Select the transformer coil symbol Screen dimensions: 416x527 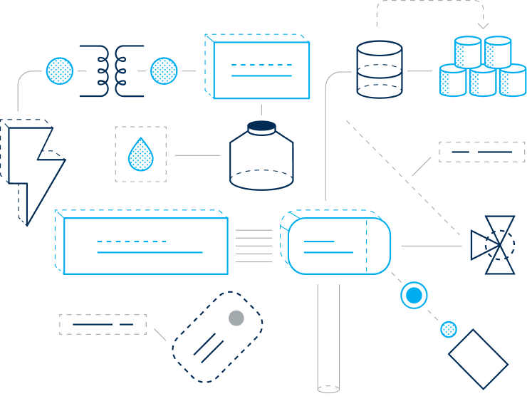coord(112,71)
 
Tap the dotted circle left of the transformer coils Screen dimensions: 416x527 coord(60,71)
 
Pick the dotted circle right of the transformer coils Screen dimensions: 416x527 coord(164,71)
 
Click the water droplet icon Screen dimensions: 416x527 coord(140,155)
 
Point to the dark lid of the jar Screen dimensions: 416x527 coord(261,126)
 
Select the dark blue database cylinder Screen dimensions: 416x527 coord(379,69)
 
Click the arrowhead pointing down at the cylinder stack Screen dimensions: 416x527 coord(483,26)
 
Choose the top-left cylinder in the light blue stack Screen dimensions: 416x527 coord(468,52)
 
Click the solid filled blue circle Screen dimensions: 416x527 coord(414,295)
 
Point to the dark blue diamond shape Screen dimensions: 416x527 coord(478,359)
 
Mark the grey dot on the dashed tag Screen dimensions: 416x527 coord(236,318)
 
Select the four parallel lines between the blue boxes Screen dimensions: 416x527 coord(254,246)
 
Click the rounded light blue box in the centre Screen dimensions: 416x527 coord(339,246)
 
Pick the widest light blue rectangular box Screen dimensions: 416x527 coord(145,246)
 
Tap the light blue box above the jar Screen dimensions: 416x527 coord(261,70)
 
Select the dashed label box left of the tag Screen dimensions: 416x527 coord(103,324)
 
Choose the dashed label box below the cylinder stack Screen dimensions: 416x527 coord(481,152)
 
